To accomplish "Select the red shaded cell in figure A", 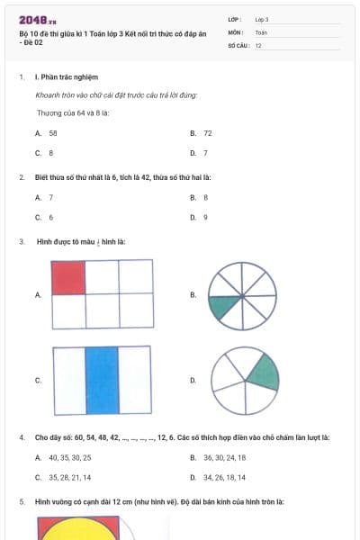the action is tap(68, 277).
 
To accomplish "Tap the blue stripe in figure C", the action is tap(102, 379).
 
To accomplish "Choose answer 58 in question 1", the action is tap(53, 132).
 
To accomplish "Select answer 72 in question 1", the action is tap(208, 132).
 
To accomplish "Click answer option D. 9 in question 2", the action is tap(205, 217).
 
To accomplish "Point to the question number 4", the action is tap(22, 437).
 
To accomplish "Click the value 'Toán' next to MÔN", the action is tap(261, 31).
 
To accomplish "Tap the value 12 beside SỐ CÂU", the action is tap(259, 44).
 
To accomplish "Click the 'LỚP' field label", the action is tap(235, 19).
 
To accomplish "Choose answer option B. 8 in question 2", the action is tap(205, 197).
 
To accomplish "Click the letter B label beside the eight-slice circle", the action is tap(193, 294).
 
